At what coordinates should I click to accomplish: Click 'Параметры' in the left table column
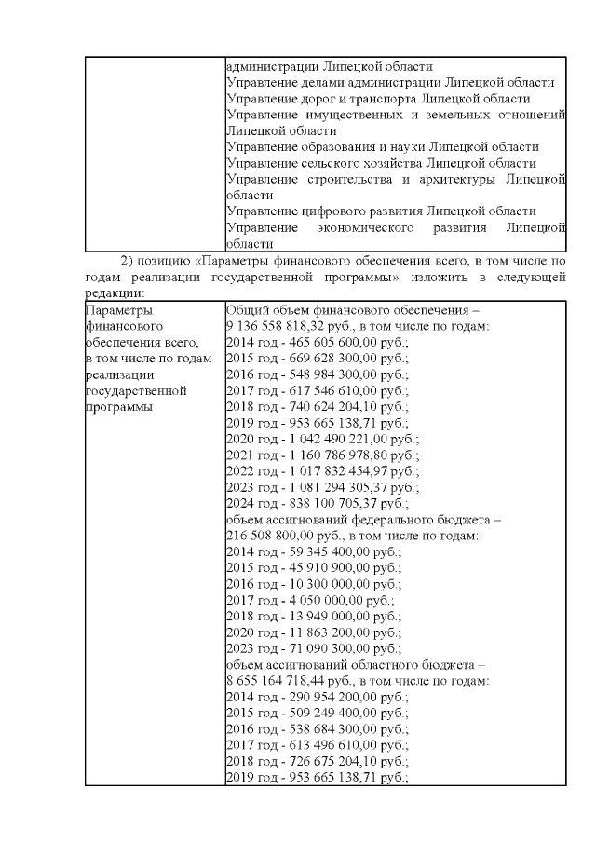115,310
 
